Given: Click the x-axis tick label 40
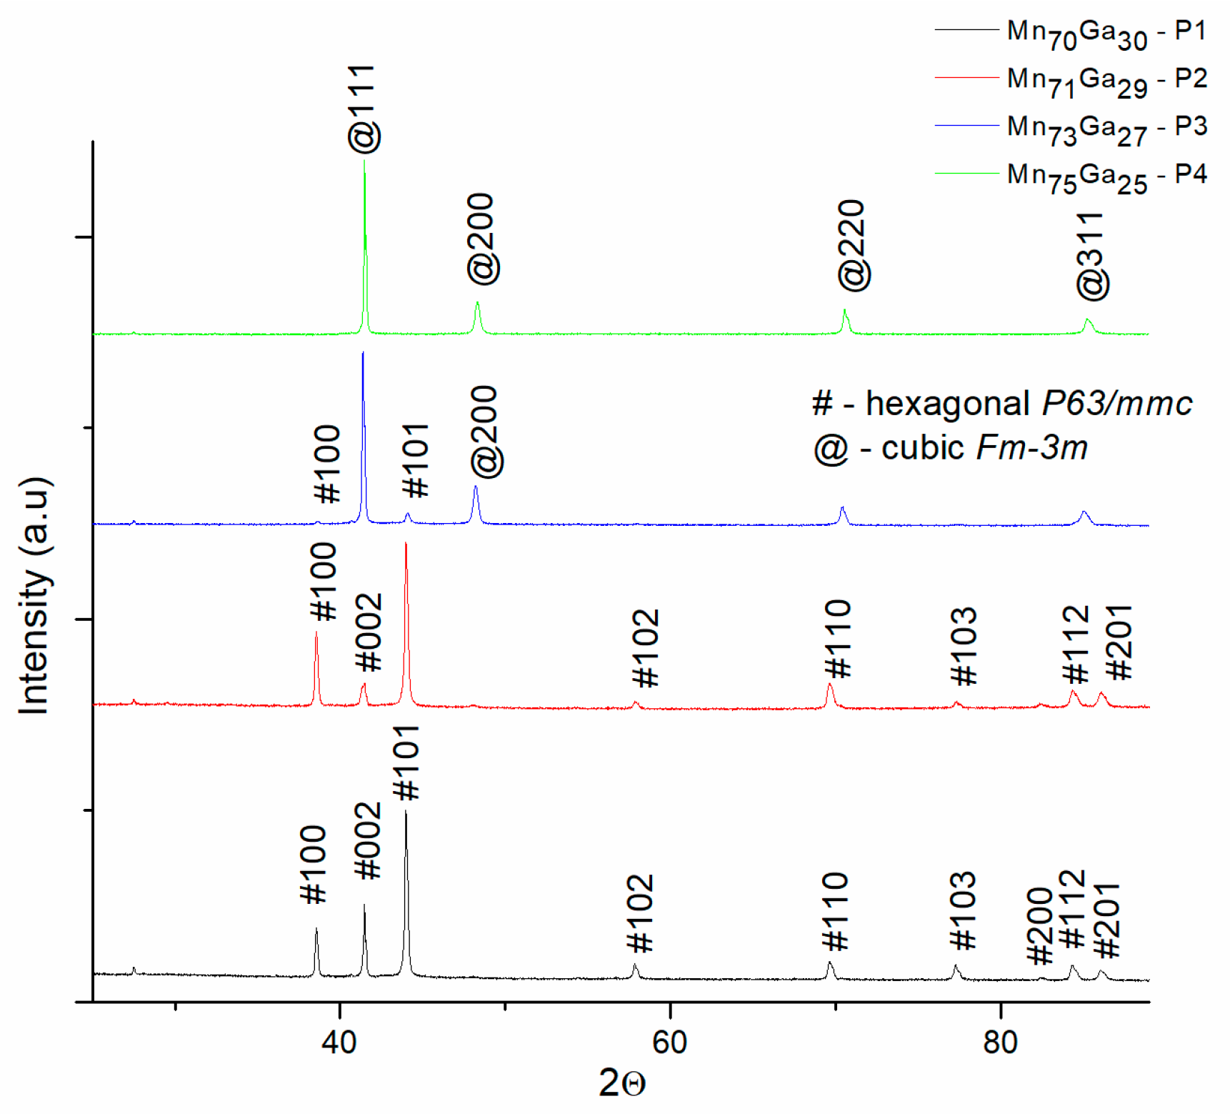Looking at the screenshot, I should [339, 1043].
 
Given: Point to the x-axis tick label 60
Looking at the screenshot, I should [670, 1043].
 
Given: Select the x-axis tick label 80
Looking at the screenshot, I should [1000, 1043].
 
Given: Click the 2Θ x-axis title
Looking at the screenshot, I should [621, 1083].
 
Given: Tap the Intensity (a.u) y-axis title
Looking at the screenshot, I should [34, 595].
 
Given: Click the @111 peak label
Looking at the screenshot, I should [364, 109].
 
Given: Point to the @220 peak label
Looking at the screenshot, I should [854, 246].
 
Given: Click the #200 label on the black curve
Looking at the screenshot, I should [1039, 926].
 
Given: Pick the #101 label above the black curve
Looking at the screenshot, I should [406, 762].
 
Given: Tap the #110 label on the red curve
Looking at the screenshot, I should [838, 639].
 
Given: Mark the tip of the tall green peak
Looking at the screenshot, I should [364, 161].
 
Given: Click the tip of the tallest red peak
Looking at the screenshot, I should [406, 544].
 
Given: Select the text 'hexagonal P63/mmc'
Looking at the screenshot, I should [1029, 404].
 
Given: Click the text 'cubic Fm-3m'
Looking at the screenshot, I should [984, 449].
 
